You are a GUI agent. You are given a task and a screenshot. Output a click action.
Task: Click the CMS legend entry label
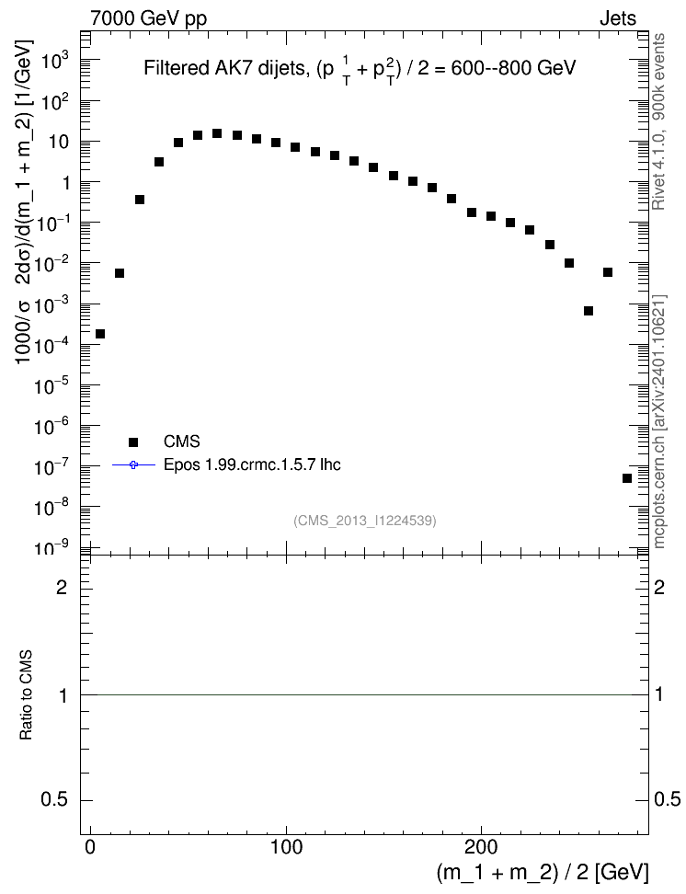pyautogui.click(x=181, y=441)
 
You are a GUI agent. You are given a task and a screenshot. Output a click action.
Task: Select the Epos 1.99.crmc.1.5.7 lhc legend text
pyautogui.click(x=252, y=465)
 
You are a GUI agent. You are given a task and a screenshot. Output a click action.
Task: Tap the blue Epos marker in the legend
pyautogui.click(x=133, y=465)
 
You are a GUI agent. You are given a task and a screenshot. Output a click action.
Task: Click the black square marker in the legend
pyautogui.click(x=133, y=441)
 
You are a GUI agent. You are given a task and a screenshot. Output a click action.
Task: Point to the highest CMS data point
pyautogui.click(x=217, y=133)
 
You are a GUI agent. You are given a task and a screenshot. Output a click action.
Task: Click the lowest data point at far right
pyautogui.click(x=627, y=478)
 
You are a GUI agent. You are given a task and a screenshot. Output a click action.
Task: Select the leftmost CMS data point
pyautogui.click(x=100, y=334)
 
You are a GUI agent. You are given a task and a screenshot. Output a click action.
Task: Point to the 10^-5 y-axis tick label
pyautogui.click(x=51, y=385)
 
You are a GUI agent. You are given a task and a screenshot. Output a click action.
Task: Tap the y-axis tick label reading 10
pyautogui.click(x=58, y=142)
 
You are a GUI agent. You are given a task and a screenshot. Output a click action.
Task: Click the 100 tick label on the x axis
pyautogui.click(x=286, y=847)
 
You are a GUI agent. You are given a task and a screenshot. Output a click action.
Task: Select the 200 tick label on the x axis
pyautogui.click(x=481, y=847)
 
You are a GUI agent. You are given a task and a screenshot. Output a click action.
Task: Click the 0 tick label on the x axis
pyautogui.click(x=91, y=847)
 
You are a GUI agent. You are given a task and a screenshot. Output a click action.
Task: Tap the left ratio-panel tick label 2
pyautogui.click(x=62, y=587)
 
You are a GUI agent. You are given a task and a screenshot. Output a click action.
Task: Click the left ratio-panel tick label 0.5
pyautogui.click(x=54, y=800)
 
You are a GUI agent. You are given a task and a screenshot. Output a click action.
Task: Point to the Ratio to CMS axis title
pyautogui.click(x=27, y=695)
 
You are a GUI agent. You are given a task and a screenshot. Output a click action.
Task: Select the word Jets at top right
pyautogui.click(x=618, y=18)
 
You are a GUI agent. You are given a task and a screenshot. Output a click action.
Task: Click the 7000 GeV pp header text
pyautogui.click(x=148, y=18)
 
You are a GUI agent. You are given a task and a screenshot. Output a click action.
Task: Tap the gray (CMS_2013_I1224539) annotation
pyautogui.click(x=365, y=521)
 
